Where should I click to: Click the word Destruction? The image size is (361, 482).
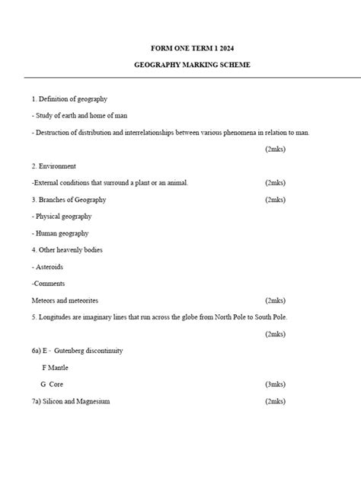tap(53, 133)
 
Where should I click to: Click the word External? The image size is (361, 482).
tap(48, 183)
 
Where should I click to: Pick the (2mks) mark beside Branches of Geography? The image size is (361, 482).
tap(275, 200)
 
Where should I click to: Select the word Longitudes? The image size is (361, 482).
tap(56, 317)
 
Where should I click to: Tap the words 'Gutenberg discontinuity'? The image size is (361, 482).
tap(88, 351)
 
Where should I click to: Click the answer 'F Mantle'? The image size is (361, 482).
tap(55, 368)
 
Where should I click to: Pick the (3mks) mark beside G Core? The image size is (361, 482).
tap(275, 384)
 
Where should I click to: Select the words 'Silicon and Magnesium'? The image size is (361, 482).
tap(77, 401)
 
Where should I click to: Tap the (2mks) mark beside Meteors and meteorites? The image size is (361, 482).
tap(275, 300)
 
